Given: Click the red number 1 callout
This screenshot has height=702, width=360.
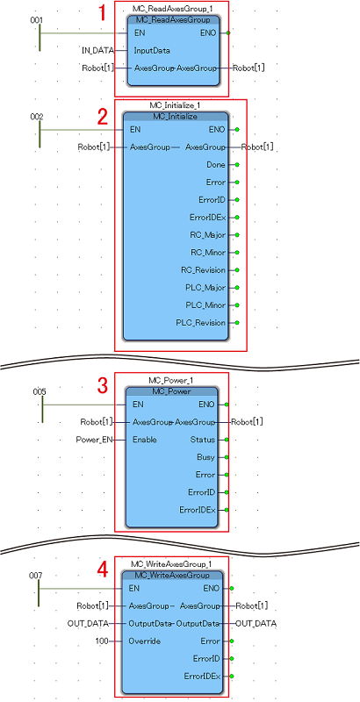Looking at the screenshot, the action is pos(103,13).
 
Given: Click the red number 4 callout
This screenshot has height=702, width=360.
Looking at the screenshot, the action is pos(104,569).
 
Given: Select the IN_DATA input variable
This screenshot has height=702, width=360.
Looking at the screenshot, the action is pos(97,51).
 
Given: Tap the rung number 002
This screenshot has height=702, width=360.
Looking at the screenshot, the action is pos(37,117).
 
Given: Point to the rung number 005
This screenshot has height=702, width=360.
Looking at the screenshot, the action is pos(40,391).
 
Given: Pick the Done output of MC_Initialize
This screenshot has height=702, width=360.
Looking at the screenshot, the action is pos(217,165).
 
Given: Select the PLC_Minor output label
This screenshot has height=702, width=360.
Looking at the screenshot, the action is pos(206,305).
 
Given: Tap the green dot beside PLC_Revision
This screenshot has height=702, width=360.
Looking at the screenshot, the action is pos(237,323).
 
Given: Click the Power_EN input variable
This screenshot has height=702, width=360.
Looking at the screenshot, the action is pos(95,440).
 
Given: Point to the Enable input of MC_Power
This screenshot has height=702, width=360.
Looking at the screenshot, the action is pos(145,440).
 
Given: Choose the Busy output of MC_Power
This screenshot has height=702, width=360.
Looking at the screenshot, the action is pos(206,457).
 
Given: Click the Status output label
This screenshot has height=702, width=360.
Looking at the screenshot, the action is pos(202,440).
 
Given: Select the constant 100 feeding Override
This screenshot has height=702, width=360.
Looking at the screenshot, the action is pos(102,641).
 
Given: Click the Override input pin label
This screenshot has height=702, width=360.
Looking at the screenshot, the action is pos(145,641).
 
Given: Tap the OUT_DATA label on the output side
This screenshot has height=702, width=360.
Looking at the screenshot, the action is pos(256,623).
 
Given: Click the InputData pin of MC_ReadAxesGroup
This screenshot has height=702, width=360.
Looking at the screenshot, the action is pos(152,51).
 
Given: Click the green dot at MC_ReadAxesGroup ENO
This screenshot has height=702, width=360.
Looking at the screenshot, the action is pos(229,33).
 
